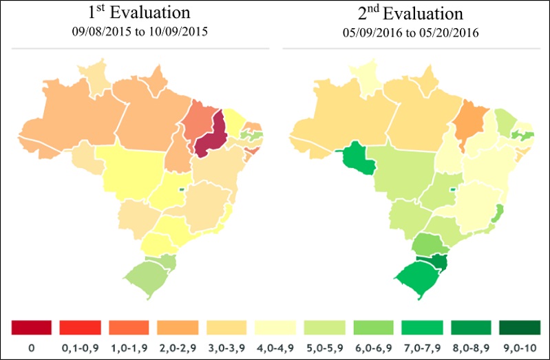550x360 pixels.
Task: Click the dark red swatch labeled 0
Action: click(31, 326)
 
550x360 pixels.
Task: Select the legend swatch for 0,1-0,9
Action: click(80, 326)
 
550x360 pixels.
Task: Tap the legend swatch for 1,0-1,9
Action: click(129, 326)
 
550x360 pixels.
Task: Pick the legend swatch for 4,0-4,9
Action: click(275, 326)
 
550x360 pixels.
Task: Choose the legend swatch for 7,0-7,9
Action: click(421, 326)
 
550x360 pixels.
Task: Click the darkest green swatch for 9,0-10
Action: click(519, 326)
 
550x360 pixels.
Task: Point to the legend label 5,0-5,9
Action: click(324, 348)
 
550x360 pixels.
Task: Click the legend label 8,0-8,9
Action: click(470, 348)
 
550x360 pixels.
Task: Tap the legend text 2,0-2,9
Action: click(178, 348)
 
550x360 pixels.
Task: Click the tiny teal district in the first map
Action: click(181, 189)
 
